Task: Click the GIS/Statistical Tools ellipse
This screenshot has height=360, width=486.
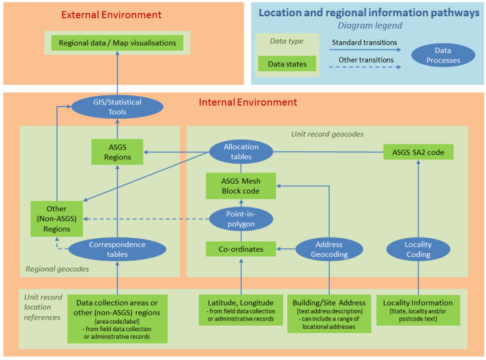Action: point(117,107)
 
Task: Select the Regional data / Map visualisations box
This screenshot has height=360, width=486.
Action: point(117,43)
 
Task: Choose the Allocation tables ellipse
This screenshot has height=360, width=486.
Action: point(241,152)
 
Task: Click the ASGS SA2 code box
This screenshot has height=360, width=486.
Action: point(418,152)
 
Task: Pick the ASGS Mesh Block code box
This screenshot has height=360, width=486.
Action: point(241,186)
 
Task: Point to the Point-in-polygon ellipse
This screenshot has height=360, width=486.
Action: point(241,219)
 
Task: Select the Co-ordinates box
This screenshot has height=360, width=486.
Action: point(241,249)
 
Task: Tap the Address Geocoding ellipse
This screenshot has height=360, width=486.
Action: point(329,249)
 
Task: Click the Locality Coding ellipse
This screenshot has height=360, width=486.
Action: point(418,249)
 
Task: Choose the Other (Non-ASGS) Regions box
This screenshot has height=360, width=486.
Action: point(57,219)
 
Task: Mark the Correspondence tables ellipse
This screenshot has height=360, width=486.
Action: point(117,249)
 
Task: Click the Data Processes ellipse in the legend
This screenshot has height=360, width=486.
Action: point(443,56)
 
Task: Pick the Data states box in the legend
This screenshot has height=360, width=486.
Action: point(287,64)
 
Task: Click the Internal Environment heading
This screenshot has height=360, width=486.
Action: point(248,102)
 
